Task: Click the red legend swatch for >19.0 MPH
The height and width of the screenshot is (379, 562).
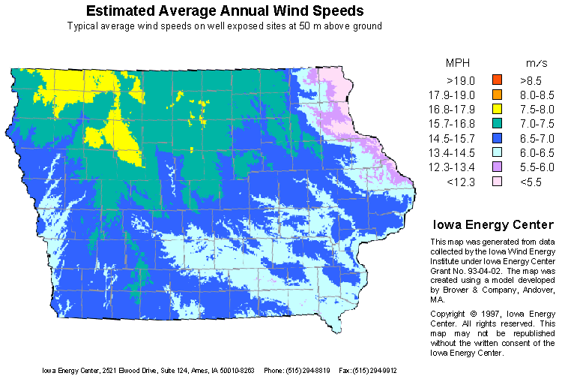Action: (496, 79)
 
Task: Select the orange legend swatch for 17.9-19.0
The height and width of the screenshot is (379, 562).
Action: (496, 95)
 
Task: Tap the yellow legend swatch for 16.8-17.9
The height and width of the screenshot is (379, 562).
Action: (496, 110)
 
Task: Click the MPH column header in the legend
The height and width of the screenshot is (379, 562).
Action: (459, 62)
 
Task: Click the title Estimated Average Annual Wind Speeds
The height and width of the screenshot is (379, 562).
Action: (225, 11)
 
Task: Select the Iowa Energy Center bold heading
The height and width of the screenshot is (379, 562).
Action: (492, 224)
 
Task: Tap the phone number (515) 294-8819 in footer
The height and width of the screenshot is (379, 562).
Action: (305, 370)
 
